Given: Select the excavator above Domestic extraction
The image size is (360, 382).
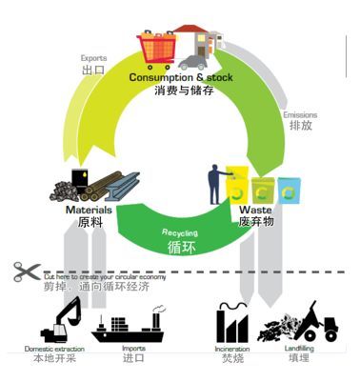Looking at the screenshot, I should pos(59,319).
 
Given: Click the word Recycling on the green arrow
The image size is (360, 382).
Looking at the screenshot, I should pos(180,231).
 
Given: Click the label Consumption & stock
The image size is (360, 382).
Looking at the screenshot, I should pos(180,77).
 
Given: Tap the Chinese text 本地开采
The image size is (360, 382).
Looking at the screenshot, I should pos(53,360).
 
